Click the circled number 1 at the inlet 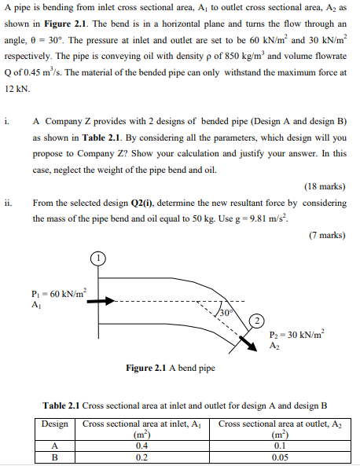point(97,258)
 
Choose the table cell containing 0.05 point(279,456)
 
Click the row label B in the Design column point(54,456)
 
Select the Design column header point(54,424)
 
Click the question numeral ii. point(7,202)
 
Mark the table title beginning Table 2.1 point(184,405)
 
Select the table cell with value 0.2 point(143,456)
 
